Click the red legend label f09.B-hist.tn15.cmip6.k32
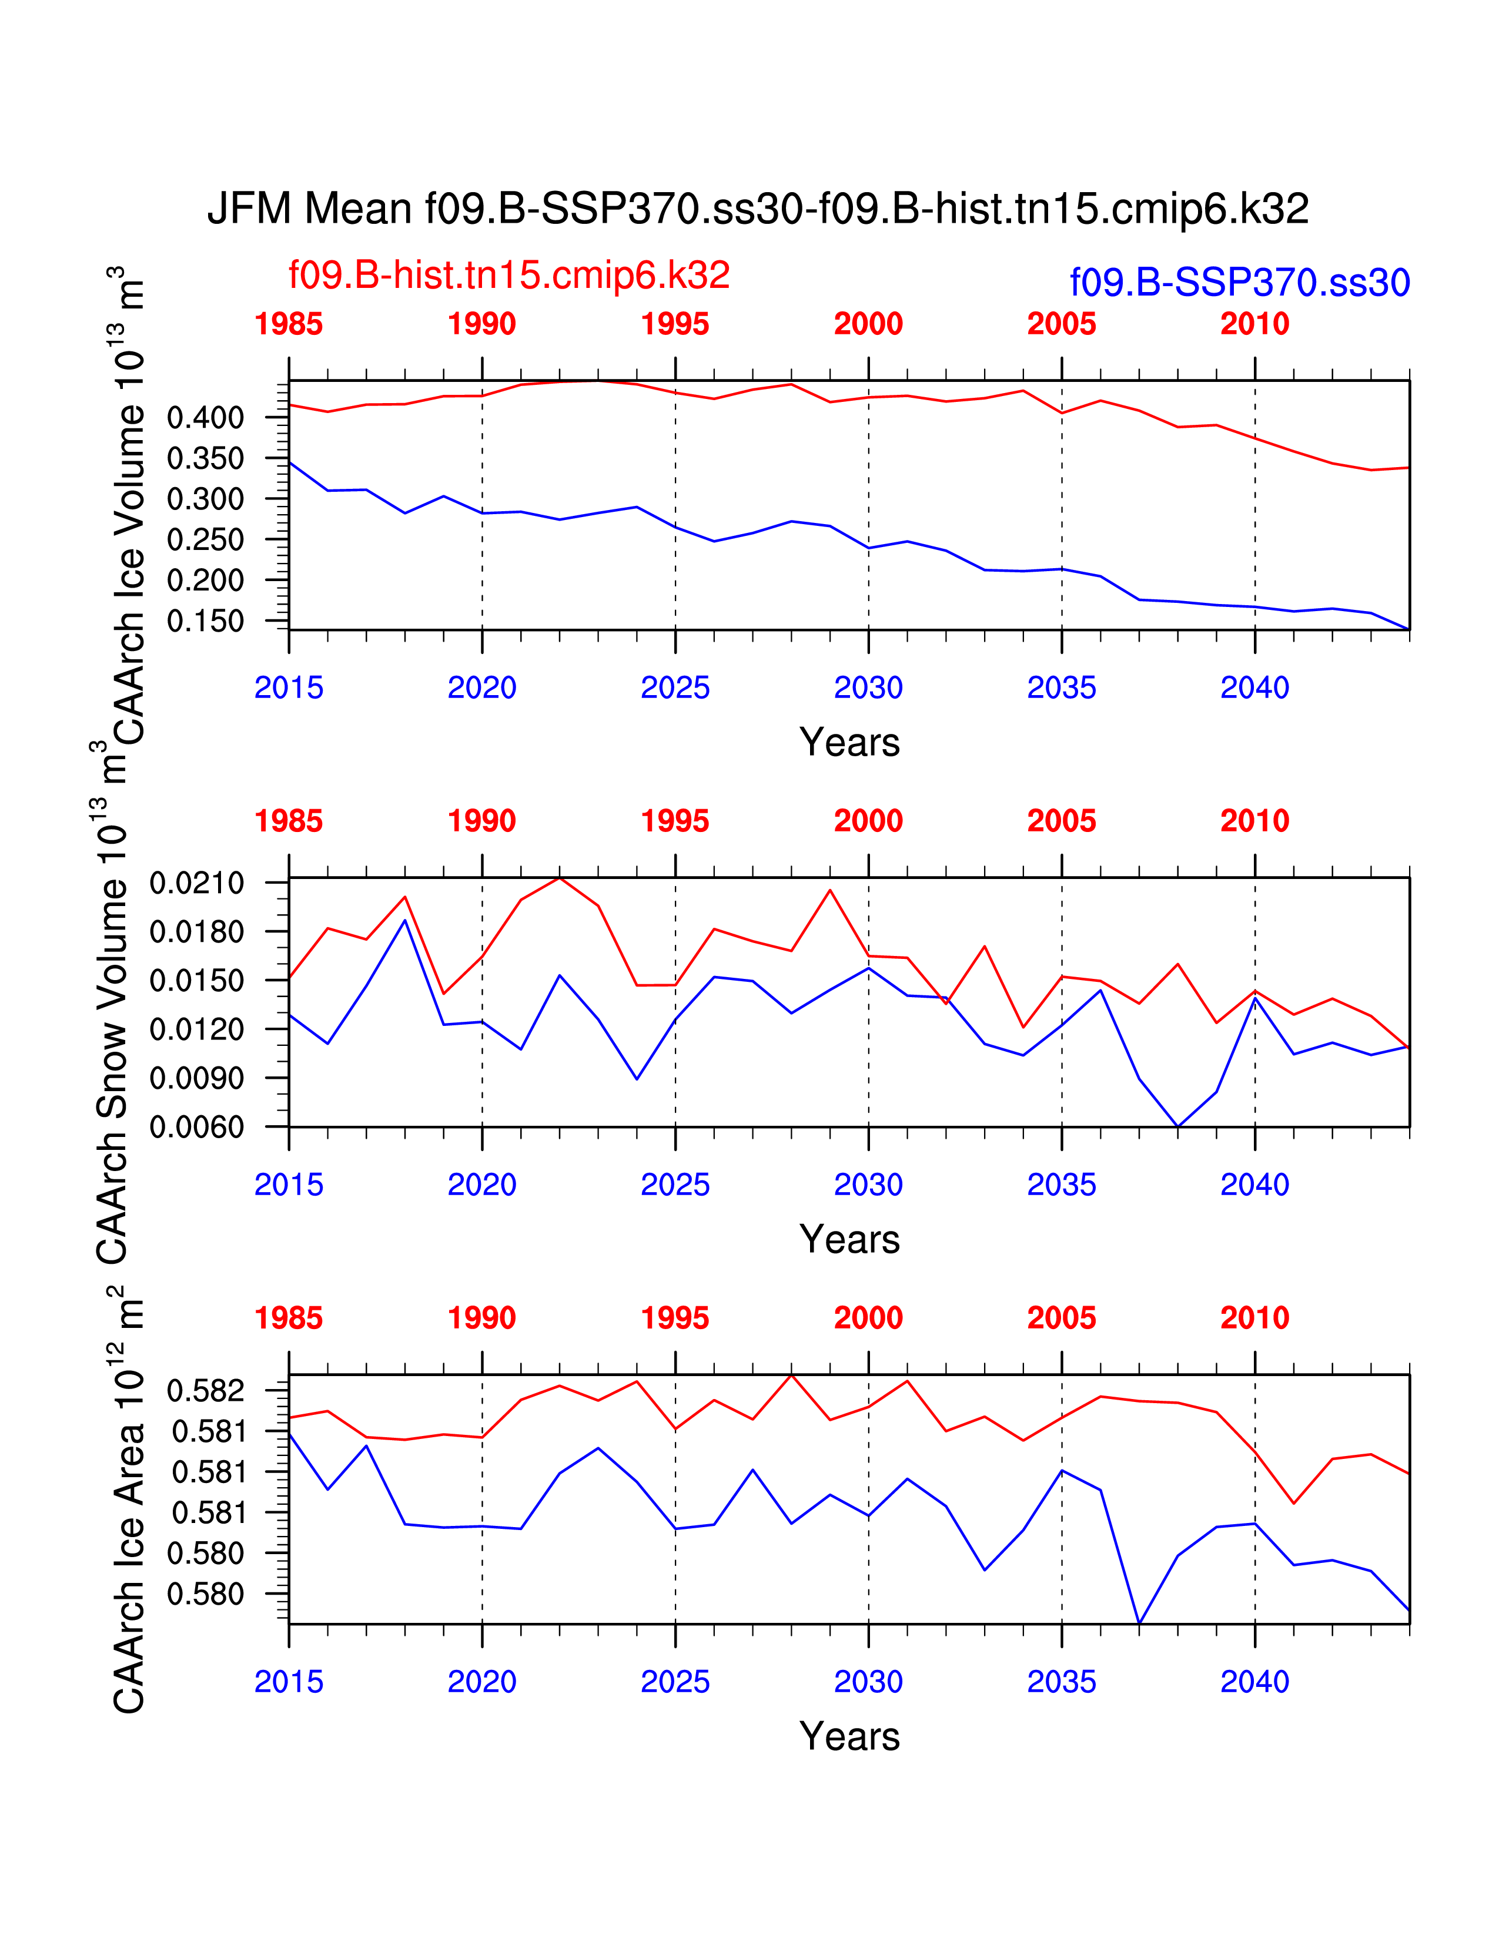[x=509, y=275]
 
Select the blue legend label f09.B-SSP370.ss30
[x=1240, y=282]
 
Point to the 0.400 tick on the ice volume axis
[x=205, y=417]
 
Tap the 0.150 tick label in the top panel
[x=205, y=620]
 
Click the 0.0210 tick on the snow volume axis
[x=196, y=883]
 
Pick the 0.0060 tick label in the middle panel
[x=196, y=1128]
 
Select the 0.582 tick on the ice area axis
[x=205, y=1390]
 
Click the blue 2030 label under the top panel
[x=868, y=687]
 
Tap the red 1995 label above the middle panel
[x=675, y=821]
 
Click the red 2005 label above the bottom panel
[x=1061, y=1319]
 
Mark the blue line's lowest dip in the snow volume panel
[x=1177, y=1126]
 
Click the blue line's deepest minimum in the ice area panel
[x=1139, y=1623]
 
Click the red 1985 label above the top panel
[x=289, y=324]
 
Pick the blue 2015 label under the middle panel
[x=289, y=1185]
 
